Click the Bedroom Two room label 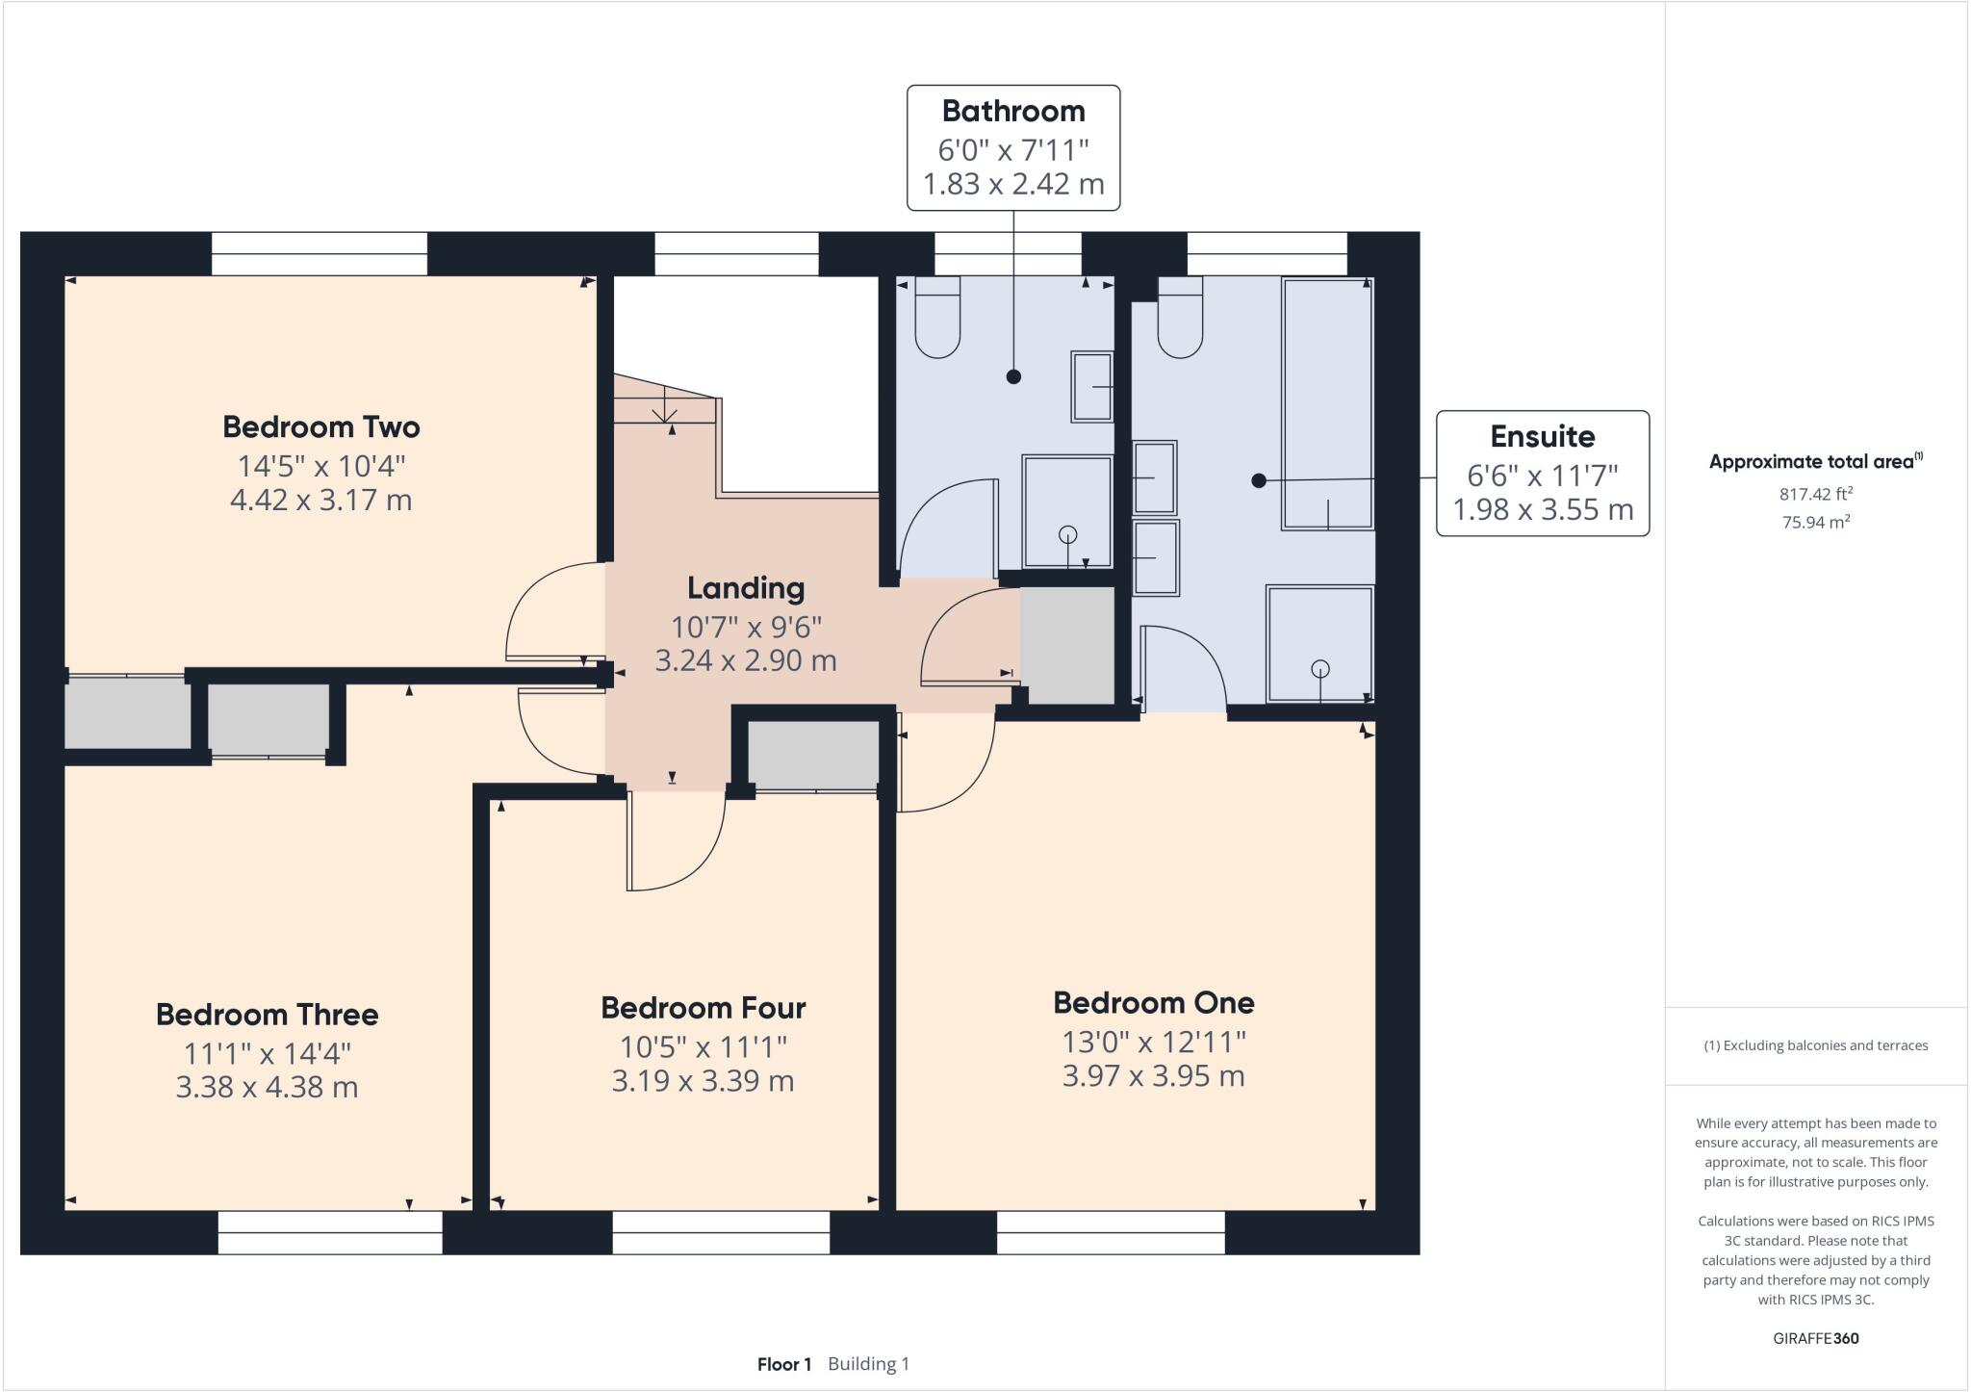(x=321, y=426)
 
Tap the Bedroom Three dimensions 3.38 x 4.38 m (x=267, y=1087)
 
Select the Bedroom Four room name (x=703, y=1008)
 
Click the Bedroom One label (x=1153, y=1003)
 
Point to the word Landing (x=745, y=587)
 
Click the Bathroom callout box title (x=1013, y=112)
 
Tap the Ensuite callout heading (x=1542, y=437)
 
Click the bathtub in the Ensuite (x=1327, y=402)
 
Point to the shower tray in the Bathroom (x=1066, y=511)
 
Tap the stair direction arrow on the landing (x=665, y=411)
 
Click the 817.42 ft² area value (x=1815, y=495)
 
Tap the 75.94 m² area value (x=1815, y=523)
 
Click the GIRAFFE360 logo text (x=1815, y=1338)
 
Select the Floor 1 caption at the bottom (x=784, y=1364)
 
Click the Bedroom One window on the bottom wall (x=1111, y=1232)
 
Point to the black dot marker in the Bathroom (x=1013, y=376)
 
